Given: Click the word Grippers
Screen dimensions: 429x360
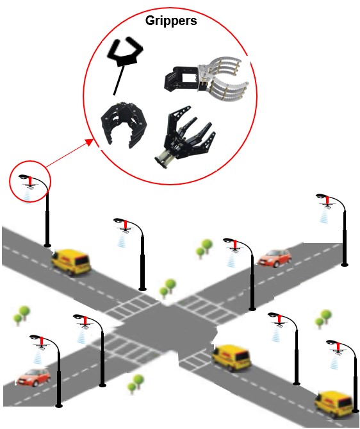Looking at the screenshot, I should (170, 20).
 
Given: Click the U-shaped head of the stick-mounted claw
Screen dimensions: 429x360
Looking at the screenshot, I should (126, 52).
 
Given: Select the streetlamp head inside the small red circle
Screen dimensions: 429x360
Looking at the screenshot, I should (28, 180).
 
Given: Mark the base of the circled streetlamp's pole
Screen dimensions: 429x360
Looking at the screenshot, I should (47, 244).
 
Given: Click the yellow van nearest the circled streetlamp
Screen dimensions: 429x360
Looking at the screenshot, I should (70, 261).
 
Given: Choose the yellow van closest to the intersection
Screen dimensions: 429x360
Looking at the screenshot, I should (231, 358).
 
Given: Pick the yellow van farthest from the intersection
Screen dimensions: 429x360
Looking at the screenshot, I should (334, 401).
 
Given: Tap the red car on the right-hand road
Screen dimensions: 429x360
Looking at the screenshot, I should (274, 258).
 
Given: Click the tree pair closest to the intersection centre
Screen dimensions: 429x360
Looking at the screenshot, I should (168, 287).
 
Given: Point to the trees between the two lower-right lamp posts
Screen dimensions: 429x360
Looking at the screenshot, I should (323, 319).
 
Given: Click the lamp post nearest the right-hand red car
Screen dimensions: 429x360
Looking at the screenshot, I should (251, 282).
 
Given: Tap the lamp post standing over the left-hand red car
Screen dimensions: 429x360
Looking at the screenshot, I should (58, 378).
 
